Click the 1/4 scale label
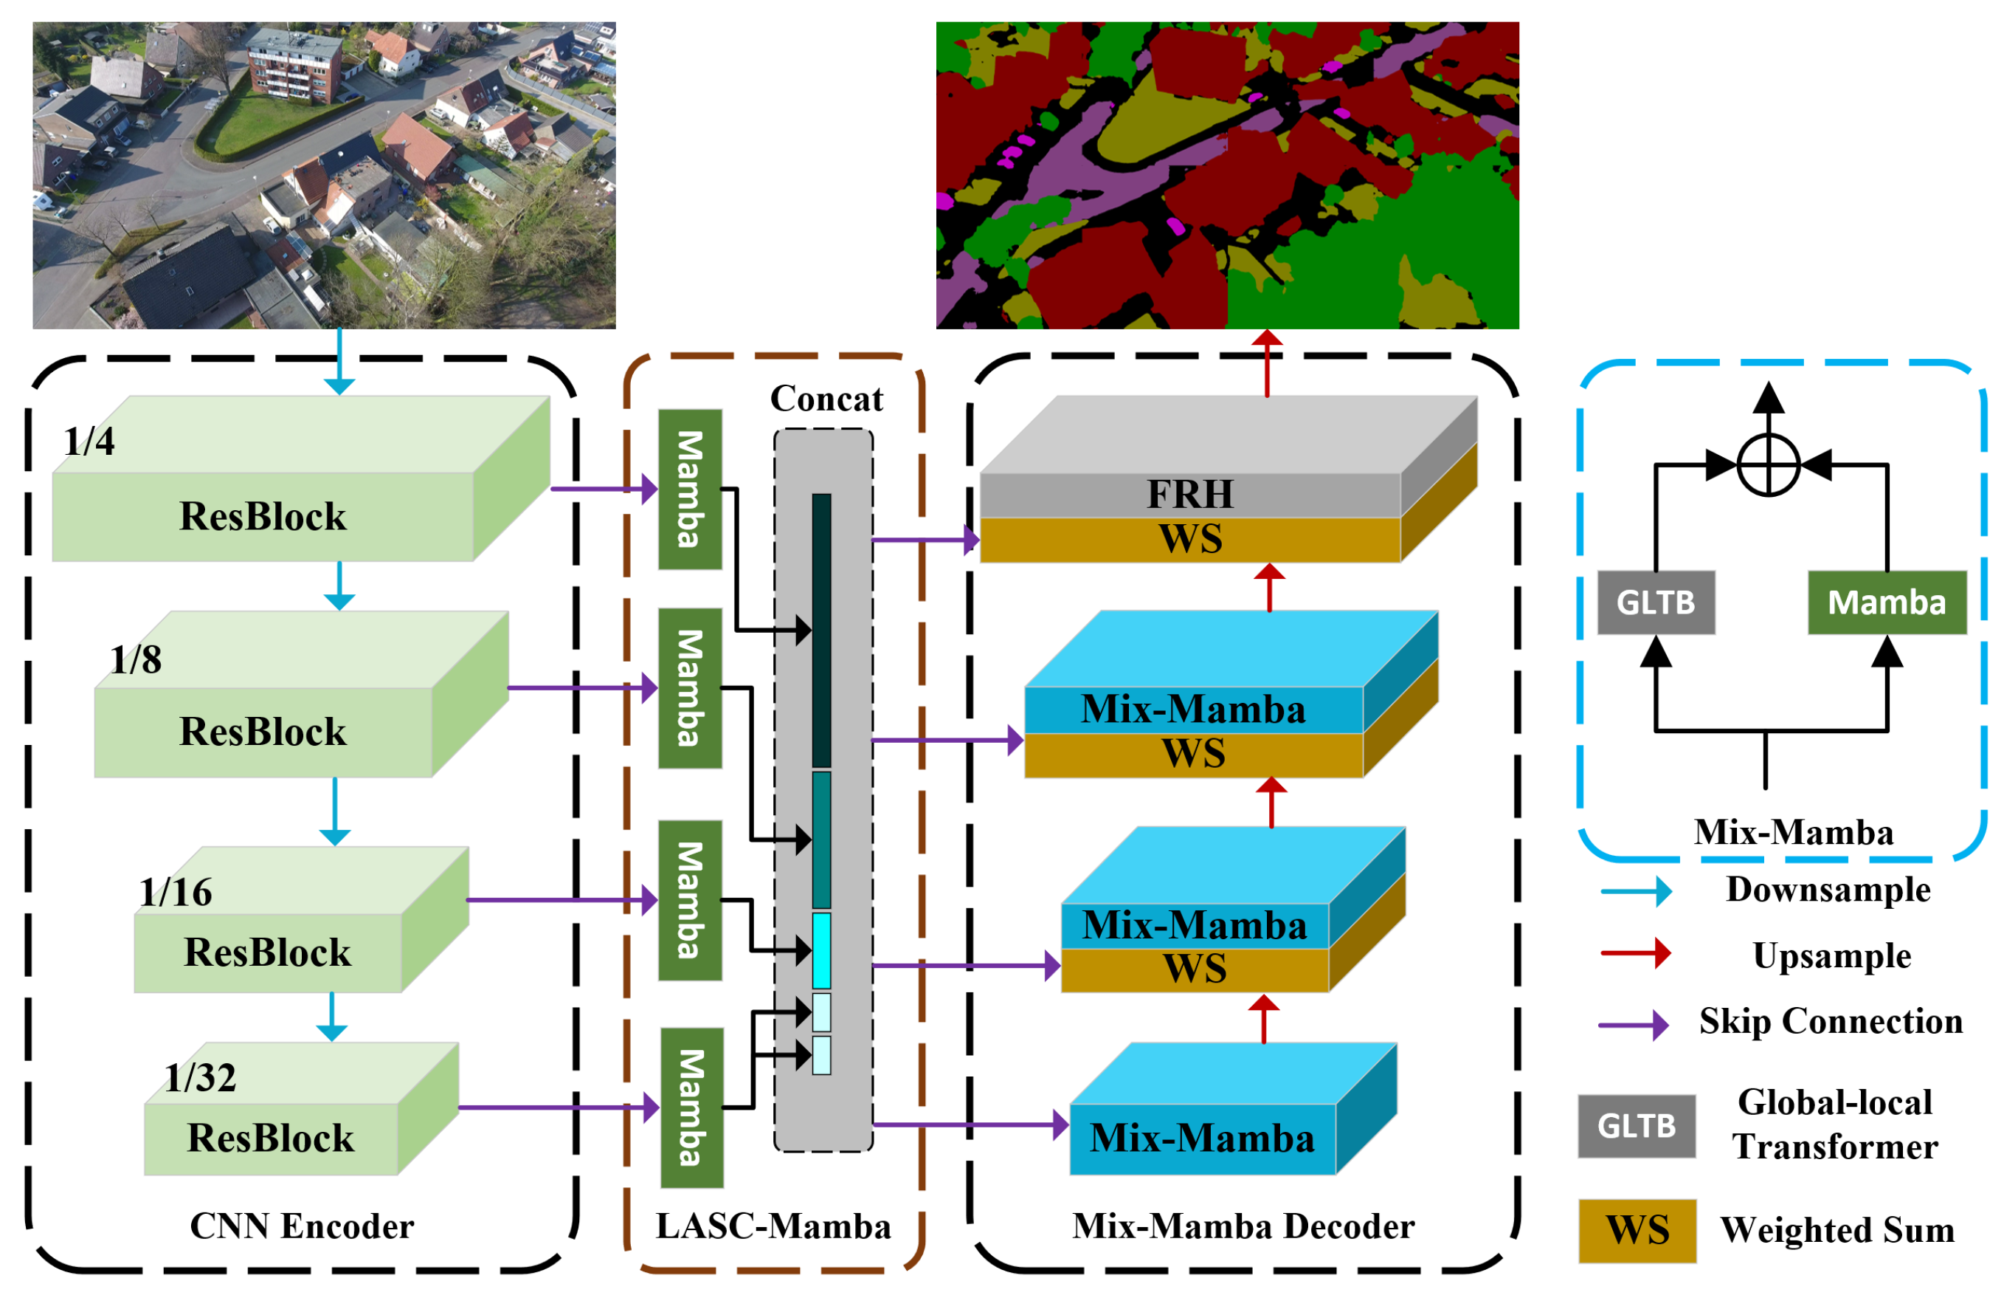coord(89,442)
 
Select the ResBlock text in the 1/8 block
coord(263,731)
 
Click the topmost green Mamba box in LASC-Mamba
coord(690,490)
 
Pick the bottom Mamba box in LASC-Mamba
coord(691,1107)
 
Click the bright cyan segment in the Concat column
coord(821,950)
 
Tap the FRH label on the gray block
coord(1189,495)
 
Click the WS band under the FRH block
coord(1189,539)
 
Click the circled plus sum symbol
coord(1768,465)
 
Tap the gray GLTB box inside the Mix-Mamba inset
coord(1656,602)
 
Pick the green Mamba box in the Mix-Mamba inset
coord(1886,602)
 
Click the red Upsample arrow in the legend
coord(1635,952)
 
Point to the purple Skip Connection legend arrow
coord(1634,1025)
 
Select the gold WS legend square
coord(1636,1230)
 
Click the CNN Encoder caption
coord(302,1226)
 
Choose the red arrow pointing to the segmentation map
coord(1266,363)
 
